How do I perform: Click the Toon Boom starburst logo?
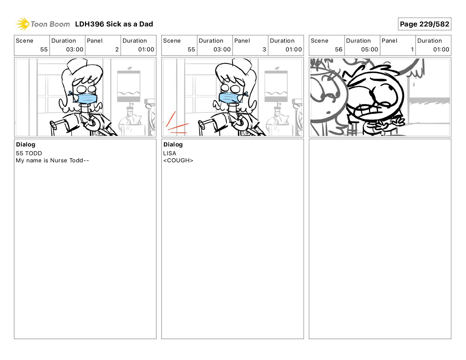coord(22,24)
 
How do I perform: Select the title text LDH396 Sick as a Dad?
coord(114,24)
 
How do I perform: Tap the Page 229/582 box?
coord(425,24)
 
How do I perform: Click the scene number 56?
coord(339,49)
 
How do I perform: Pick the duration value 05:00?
coord(370,49)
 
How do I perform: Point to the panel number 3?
coord(264,49)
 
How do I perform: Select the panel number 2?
coord(117,49)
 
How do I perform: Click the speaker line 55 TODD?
coord(29,153)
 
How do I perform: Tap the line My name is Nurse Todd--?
coord(52,160)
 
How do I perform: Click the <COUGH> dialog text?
coord(178,160)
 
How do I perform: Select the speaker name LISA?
coord(170,153)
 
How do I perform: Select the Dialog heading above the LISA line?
coord(173,144)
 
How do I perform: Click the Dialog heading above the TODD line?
coord(26,144)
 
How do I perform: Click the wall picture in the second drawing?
coord(276,86)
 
